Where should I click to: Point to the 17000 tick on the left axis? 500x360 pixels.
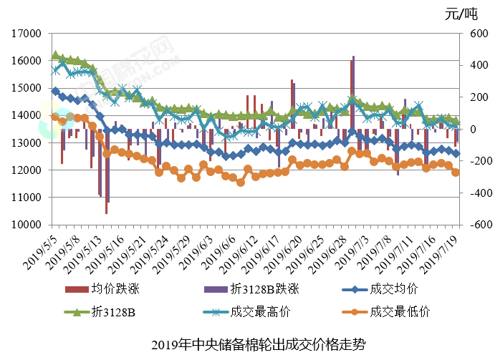tap(26, 34)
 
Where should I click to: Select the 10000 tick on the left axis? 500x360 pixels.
tap(26, 225)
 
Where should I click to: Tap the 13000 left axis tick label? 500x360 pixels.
tap(26, 143)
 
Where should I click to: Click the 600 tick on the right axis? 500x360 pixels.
tap(478, 34)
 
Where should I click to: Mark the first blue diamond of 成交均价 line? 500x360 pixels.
tap(55, 91)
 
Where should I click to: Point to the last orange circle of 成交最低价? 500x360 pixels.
tap(456, 172)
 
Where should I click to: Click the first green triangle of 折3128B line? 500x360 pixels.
tap(55, 55)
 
